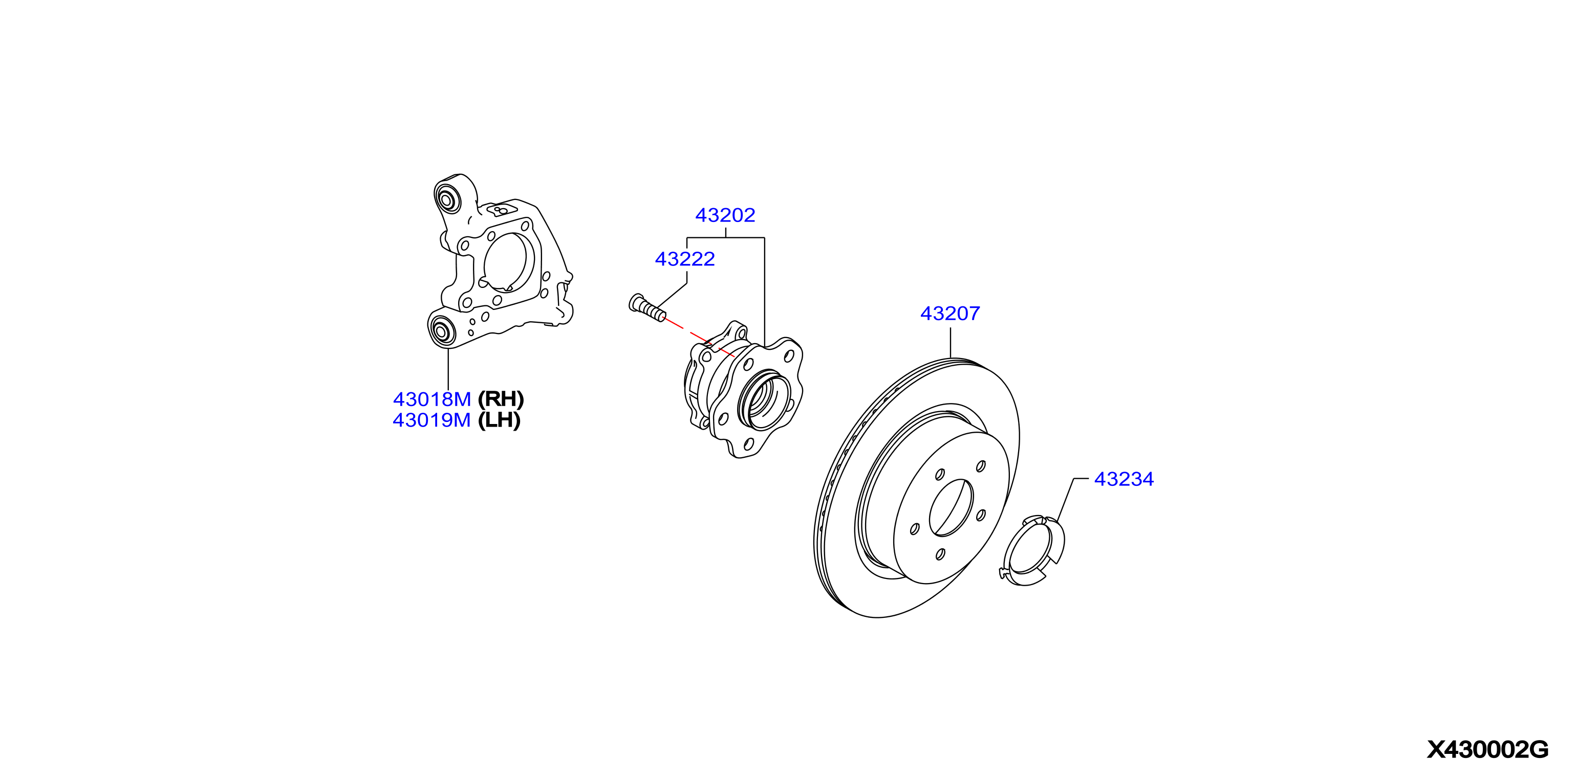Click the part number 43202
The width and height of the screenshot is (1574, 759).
coord(725,215)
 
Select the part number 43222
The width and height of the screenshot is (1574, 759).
coord(685,259)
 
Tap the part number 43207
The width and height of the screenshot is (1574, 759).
coord(950,313)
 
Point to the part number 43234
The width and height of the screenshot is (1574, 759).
coord(1124,479)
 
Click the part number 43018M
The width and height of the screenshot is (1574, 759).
coord(432,399)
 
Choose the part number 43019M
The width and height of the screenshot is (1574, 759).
coord(432,420)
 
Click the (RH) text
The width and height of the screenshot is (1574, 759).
coord(501,399)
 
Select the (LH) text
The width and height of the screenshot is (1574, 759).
coord(499,420)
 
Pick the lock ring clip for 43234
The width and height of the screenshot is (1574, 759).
coord(1032,550)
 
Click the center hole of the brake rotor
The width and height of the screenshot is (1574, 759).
coord(951,507)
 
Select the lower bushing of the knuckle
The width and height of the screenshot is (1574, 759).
coord(441,330)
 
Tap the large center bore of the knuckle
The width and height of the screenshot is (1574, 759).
coord(508,262)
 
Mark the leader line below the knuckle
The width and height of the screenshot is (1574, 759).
coord(448,369)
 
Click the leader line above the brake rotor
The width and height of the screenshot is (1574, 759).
coord(951,343)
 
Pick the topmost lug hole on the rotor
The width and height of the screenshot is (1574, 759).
coord(981,466)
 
